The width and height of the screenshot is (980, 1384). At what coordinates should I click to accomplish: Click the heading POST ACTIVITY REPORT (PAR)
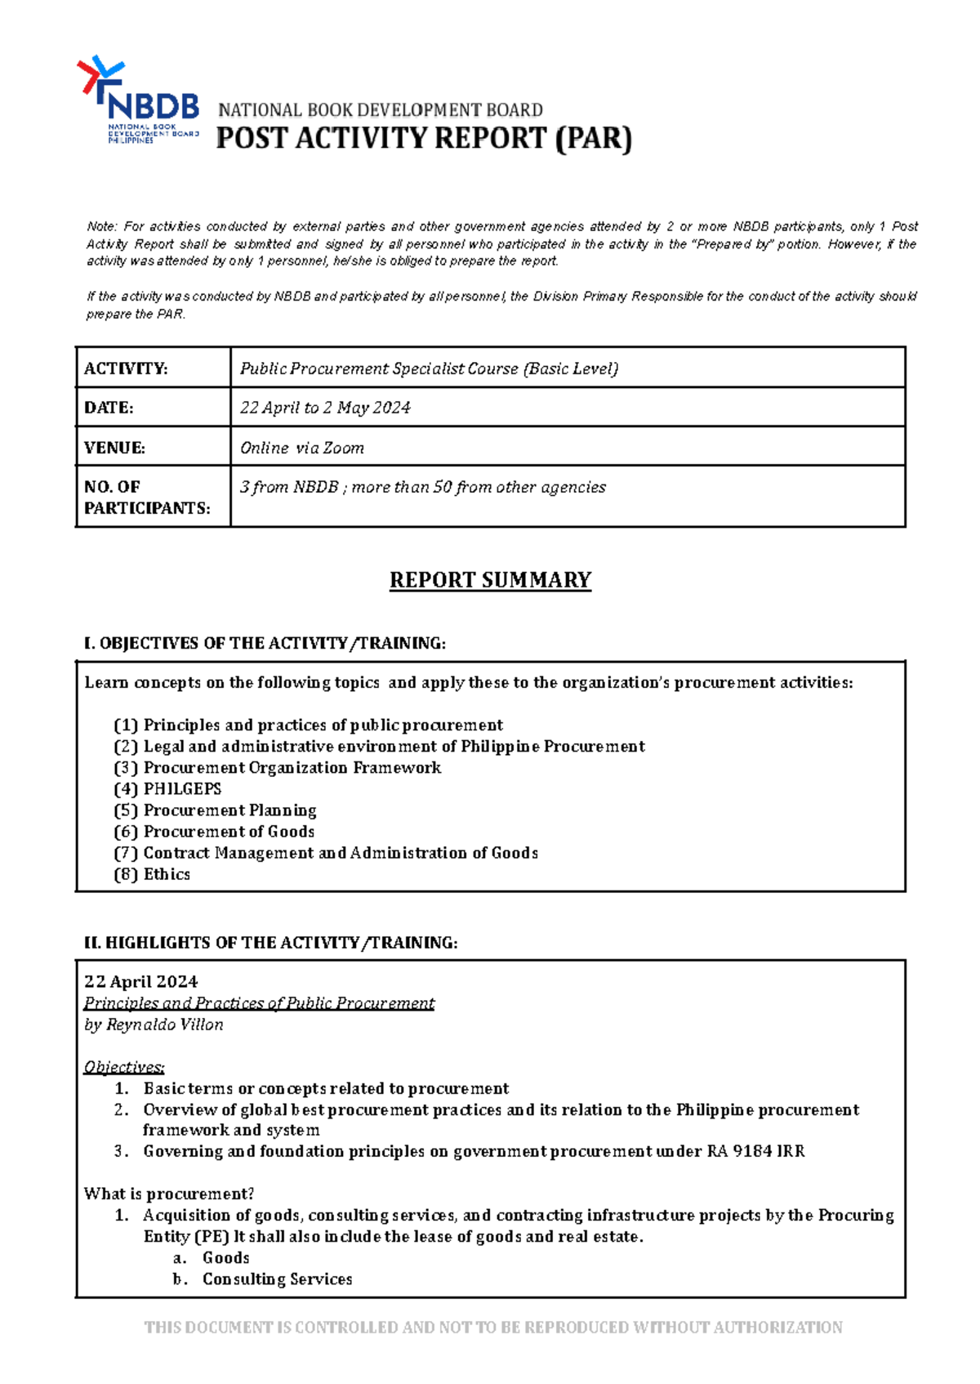tap(424, 139)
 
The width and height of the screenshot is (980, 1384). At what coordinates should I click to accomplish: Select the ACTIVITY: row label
tap(126, 368)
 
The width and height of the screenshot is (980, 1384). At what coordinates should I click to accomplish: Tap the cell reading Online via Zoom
tap(302, 448)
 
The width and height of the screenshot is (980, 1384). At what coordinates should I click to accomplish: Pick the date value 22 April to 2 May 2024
tap(325, 408)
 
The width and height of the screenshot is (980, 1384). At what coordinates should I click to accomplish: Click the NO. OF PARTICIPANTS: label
tap(146, 498)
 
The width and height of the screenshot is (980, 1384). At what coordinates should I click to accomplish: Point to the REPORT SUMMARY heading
tap(490, 580)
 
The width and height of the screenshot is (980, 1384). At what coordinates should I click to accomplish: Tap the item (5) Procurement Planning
tap(215, 810)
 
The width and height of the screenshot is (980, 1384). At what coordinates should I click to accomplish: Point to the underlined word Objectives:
tap(124, 1067)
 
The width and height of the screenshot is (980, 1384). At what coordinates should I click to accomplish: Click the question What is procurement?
tap(169, 1194)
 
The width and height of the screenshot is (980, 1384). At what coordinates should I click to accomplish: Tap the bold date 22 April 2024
tap(140, 982)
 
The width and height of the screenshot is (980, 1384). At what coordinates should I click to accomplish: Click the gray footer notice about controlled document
tap(493, 1328)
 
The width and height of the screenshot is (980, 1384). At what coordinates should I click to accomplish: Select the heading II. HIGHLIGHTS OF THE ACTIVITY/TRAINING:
tap(270, 943)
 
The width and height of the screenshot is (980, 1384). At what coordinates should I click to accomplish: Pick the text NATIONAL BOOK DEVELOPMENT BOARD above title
tap(380, 110)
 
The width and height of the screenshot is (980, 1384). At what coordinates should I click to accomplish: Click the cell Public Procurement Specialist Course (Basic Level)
tap(429, 368)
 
